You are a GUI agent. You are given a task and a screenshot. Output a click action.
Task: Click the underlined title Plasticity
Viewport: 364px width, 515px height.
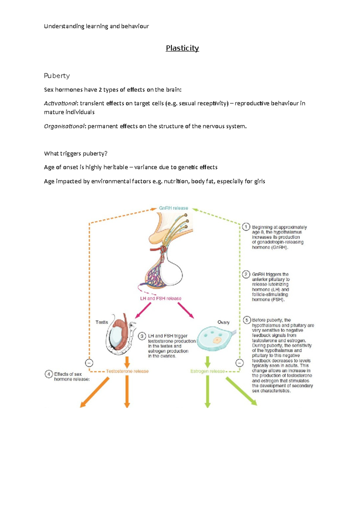tap(182, 48)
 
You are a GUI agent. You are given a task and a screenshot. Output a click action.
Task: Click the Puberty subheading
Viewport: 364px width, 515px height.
tap(57, 76)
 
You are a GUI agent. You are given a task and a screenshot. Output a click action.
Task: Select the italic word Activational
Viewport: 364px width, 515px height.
tap(60, 103)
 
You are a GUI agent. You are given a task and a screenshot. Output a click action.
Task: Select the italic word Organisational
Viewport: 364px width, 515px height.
tap(64, 126)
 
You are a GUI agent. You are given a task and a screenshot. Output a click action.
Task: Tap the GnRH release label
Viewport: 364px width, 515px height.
tap(174, 208)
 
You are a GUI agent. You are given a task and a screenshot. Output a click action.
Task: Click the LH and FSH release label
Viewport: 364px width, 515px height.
tap(160, 298)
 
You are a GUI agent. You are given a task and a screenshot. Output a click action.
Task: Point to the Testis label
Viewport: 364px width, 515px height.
tap(102, 322)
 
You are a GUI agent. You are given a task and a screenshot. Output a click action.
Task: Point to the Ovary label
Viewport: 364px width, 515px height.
tap(223, 322)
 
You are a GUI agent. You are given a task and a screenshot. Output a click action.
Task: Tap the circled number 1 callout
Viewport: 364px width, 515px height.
tap(246, 227)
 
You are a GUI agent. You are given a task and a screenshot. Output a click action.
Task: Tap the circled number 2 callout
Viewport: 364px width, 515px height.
tap(246, 274)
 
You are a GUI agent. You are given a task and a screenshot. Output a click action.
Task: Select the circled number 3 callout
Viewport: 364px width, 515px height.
tap(142, 336)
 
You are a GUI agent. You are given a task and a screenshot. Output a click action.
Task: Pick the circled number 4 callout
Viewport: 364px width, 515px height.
tap(49, 374)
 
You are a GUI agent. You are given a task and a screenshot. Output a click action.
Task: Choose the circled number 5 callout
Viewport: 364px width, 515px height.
tap(247, 320)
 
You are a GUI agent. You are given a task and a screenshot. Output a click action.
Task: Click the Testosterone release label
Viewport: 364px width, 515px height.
tap(127, 371)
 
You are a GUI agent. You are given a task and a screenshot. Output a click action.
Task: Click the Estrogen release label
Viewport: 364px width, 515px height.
tap(207, 371)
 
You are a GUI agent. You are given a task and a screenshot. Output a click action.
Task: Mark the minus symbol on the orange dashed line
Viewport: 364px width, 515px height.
tap(89, 363)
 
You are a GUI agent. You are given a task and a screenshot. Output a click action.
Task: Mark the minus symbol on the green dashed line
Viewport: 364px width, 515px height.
tap(240, 363)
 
